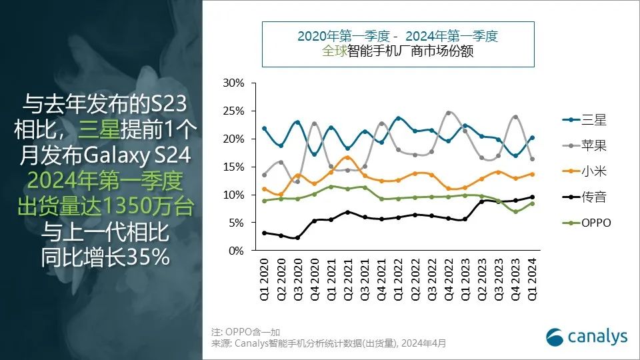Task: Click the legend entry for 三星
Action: pos(585,120)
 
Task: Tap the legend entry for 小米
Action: pos(585,171)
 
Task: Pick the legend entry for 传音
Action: pos(585,197)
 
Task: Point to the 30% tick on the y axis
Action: pos(234,83)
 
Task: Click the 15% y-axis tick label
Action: pos(234,167)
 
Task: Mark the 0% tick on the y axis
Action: pos(237,251)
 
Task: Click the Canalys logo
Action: pos(587,337)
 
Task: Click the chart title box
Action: pos(397,44)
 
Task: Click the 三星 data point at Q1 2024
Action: pos(531,138)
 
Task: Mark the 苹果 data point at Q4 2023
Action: pos(515,117)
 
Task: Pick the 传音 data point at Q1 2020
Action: pos(265,233)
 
